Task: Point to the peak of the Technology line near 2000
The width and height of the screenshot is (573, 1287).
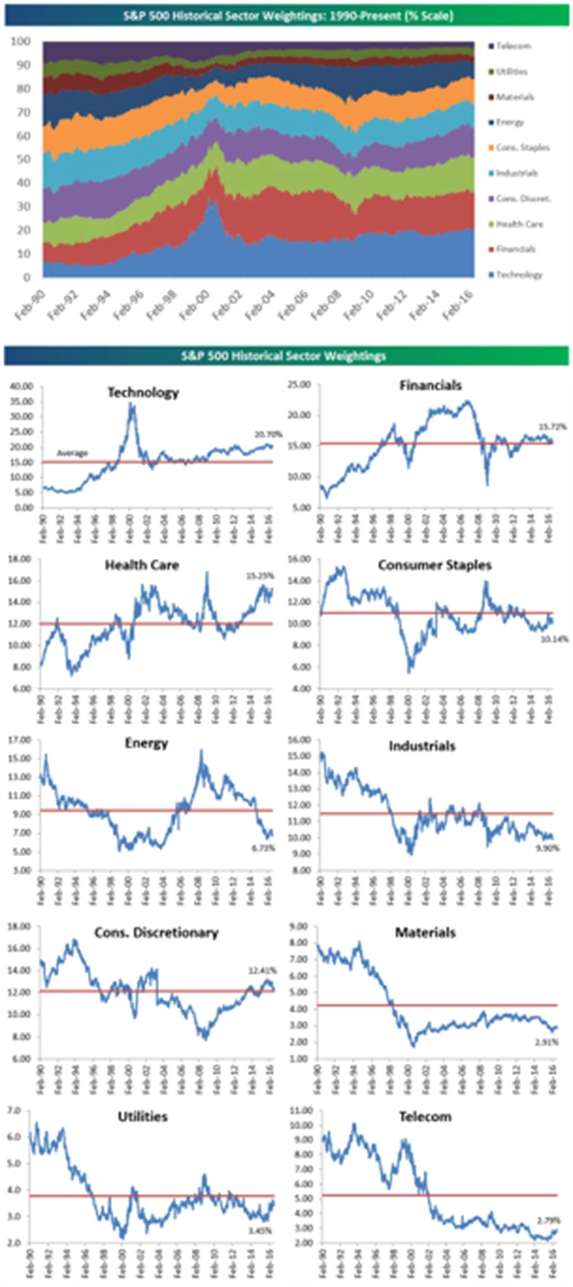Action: point(132,405)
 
